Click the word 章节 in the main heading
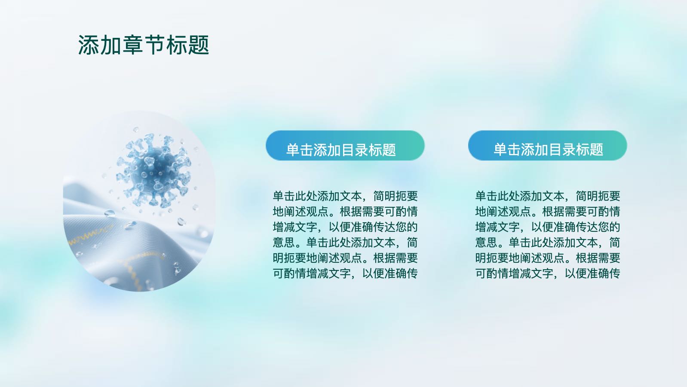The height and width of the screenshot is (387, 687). point(144,45)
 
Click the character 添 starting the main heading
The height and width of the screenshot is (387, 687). point(89,45)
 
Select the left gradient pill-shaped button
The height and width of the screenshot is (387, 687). point(345,145)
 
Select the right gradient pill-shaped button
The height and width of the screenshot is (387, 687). point(547,145)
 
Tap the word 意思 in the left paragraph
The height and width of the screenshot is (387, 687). point(284,243)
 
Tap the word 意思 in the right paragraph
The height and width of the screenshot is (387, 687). point(486,243)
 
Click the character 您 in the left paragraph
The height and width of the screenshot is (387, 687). point(401,227)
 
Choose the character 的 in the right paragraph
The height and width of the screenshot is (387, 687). point(615,227)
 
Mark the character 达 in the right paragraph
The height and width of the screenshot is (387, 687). point(592,227)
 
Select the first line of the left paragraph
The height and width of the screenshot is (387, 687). point(345,196)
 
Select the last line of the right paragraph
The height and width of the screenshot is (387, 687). point(548,273)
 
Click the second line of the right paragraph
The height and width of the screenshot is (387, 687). point(548,212)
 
